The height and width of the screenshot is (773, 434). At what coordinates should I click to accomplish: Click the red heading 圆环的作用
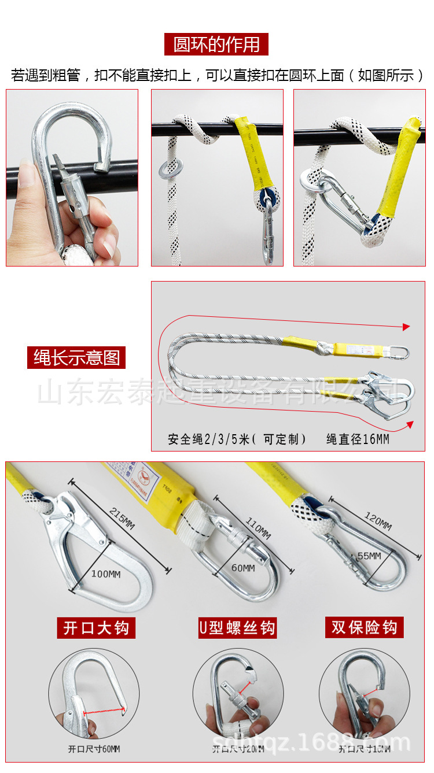click(216, 45)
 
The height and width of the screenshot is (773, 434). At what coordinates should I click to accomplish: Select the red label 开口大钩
click(95, 628)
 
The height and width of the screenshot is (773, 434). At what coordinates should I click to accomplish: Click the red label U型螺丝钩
click(237, 628)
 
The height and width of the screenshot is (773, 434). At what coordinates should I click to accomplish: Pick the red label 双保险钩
click(364, 627)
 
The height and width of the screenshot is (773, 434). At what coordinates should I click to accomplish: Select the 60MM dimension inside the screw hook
click(243, 568)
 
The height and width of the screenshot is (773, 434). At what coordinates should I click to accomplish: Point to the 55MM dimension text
click(368, 556)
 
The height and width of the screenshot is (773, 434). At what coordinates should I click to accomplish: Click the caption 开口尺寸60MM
click(94, 749)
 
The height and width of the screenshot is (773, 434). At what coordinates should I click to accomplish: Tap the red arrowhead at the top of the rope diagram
click(406, 327)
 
